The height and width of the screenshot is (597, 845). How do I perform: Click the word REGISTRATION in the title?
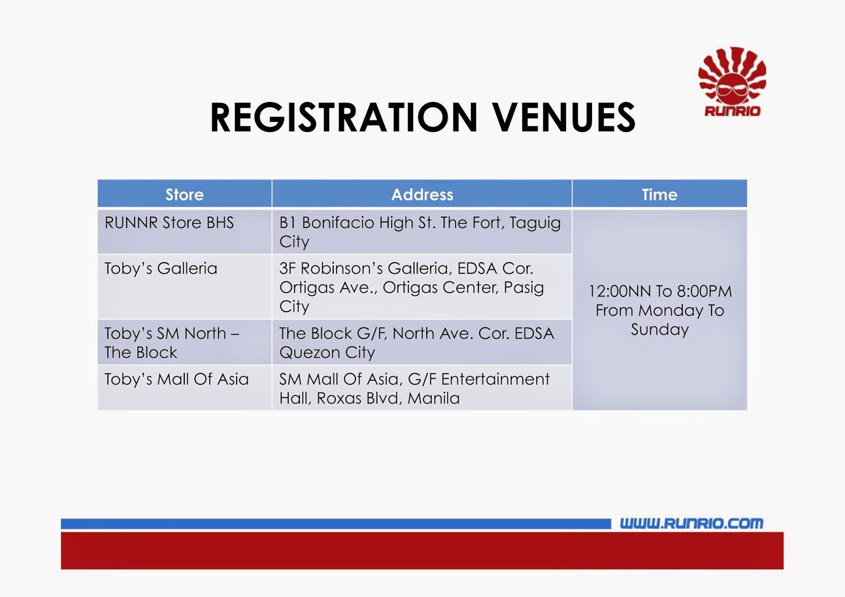click(344, 117)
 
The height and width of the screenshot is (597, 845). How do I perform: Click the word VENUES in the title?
click(565, 117)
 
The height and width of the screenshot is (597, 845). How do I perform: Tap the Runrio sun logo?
click(732, 81)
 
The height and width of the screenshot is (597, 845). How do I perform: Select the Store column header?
click(184, 194)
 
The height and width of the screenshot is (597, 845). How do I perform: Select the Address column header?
click(422, 194)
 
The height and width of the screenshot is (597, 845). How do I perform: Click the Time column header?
click(660, 194)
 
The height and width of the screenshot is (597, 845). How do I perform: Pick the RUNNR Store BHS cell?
click(184, 231)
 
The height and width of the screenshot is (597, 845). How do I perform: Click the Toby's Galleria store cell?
click(184, 287)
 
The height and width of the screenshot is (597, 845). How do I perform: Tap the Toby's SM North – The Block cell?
click(184, 342)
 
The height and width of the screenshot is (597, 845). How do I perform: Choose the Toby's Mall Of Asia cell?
click(184, 388)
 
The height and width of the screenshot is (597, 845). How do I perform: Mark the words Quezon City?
click(327, 353)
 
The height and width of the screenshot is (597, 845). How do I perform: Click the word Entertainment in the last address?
click(495, 379)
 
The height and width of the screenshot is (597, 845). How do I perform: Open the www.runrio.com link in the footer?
click(691, 523)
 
